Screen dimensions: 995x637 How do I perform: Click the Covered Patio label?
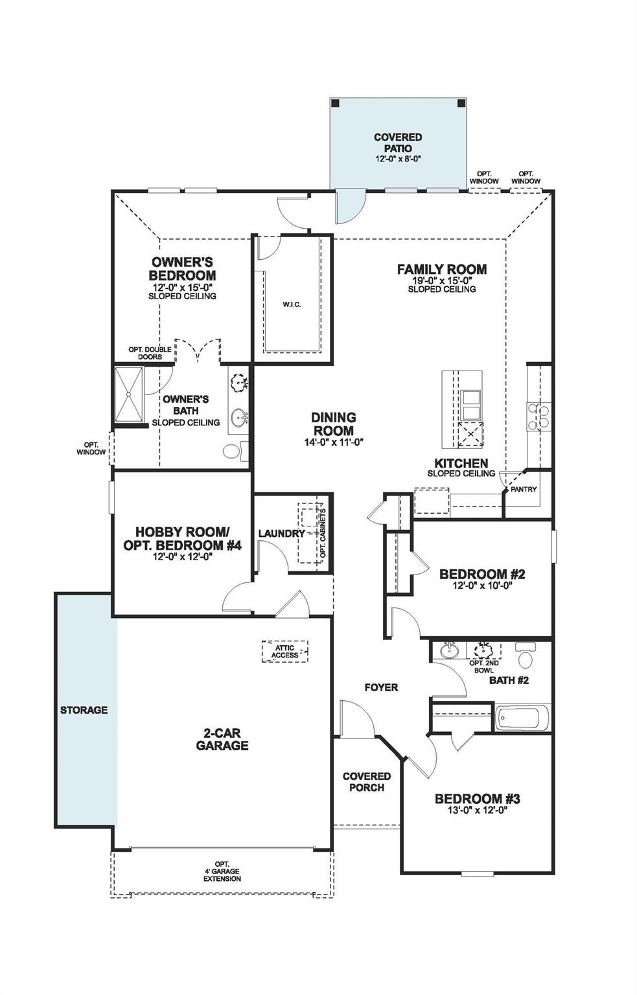tap(397, 143)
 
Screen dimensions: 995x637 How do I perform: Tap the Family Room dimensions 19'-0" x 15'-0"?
tap(441, 280)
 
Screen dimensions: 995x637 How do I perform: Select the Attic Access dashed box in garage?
tap(284, 651)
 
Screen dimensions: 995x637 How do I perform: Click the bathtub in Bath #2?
tap(522, 718)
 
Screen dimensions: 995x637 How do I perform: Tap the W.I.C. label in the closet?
tap(292, 304)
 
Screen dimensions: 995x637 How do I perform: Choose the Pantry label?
tap(523, 489)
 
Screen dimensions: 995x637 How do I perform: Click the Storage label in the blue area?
tap(84, 710)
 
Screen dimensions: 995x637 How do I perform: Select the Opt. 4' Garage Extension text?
tap(222, 871)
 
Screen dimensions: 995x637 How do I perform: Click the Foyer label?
tap(380, 687)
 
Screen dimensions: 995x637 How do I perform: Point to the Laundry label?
tap(281, 533)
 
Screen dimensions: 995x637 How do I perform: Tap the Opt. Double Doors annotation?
tap(150, 353)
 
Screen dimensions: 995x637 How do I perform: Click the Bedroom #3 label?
tap(477, 799)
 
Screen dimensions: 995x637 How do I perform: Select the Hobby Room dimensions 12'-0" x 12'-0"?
tap(182, 556)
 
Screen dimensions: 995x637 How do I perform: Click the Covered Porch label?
tap(367, 781)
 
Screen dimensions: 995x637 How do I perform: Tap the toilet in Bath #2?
tap(525, 656)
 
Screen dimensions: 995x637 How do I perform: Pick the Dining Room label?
tap(334, 424)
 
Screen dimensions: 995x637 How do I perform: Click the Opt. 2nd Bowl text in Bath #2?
tap(483, 667)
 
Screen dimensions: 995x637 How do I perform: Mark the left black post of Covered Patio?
tap(335, 104)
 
